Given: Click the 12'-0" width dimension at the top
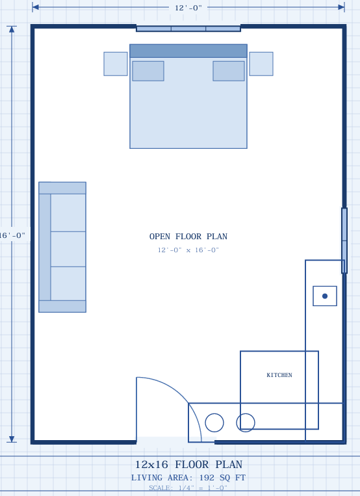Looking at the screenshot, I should [188, 8].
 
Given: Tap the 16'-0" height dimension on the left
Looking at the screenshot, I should [13, 235].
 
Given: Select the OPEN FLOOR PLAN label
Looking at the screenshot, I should [188, 237].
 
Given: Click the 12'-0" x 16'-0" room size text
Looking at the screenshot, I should [188, 250].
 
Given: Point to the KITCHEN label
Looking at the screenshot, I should [279, 375].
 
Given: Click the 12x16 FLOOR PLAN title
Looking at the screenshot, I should [188, 465].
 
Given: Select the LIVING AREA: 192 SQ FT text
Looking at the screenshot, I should [188, 478].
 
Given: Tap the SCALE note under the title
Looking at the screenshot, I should [188, 488].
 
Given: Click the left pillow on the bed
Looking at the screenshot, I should [148, 71].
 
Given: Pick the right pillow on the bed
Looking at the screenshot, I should [229, 71].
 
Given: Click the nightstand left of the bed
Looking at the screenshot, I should [116, 64].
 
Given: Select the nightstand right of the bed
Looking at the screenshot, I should [261, 64].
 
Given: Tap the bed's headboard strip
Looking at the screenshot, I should [188, 51].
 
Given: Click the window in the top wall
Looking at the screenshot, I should [188, 29].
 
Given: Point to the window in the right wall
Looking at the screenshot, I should [344, 241].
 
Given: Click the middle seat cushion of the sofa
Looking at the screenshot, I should [68, 249].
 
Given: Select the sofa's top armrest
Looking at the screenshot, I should [62, 188].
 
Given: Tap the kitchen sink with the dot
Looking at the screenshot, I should [325, 296].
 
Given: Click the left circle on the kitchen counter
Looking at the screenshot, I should [214, 423].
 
